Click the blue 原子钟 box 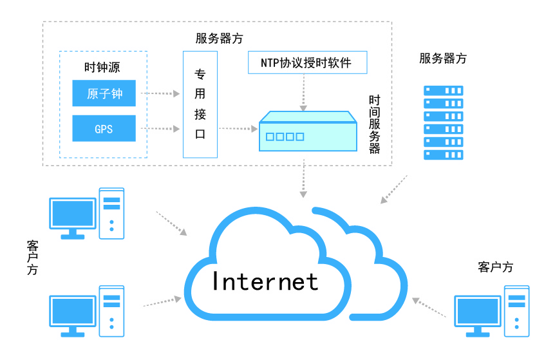[104, 94]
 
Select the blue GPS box [104, 128]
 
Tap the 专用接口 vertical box [200, 104]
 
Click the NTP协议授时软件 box [307, 63]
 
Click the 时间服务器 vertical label [374, 125]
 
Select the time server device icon [308, 131]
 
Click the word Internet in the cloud [265, 281]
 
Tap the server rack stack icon [443, 122]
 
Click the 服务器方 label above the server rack [443, 59]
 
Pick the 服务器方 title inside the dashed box [219, 38]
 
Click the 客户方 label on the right [495, 267]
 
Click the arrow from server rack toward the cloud [394, 189]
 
